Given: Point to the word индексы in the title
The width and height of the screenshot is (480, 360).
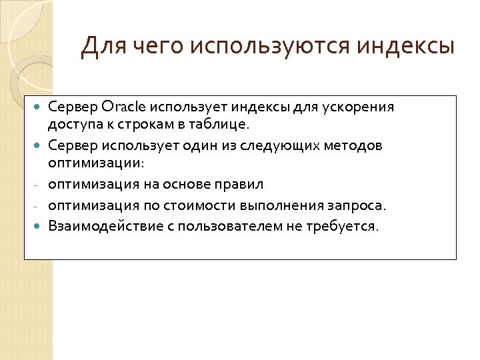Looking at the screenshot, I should coord(405,48).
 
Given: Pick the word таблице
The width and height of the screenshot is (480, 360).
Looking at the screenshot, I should coord(222,124).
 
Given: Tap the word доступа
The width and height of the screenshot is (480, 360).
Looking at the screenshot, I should coord(71,124).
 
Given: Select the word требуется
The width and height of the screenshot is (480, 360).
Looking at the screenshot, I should coord(345,226).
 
